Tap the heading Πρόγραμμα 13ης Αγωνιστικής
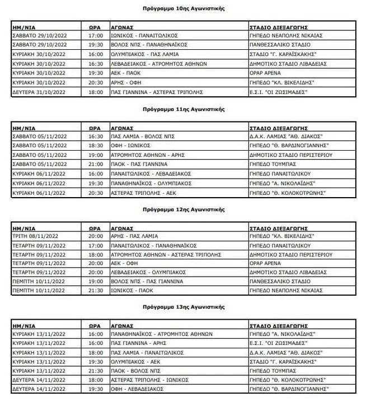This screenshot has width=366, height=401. coord(184,307)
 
